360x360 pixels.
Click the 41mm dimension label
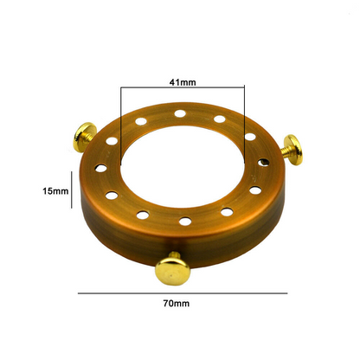click(x=183, y=82)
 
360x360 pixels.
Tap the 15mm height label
click(x=55, y=191)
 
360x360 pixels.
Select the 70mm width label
click(x=177, y=304)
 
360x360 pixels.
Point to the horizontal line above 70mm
click(x=183, y=293)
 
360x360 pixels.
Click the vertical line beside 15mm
click(x=72, y=190)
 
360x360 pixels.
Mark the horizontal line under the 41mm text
click(x=183, y=87)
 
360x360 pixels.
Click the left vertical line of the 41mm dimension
click(x=121, y=125)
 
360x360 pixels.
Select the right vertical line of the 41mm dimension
click(x=244, y=125)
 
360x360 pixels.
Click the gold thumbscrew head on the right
click(x=294, y=150)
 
